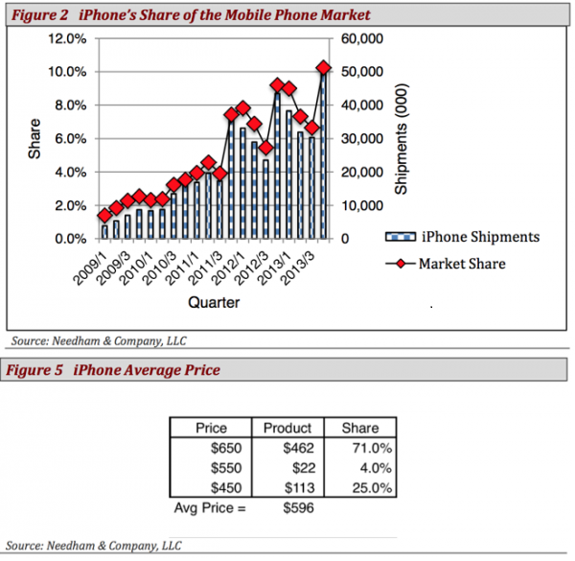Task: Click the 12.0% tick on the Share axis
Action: coord(68,38)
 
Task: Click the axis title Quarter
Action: coord(214,303)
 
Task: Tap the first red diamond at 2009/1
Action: coord(104,215)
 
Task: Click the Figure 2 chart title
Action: coord(192,15)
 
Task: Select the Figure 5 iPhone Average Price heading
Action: coord(115,370)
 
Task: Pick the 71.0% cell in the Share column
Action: coord(359,447)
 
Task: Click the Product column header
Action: coord(287,428)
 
